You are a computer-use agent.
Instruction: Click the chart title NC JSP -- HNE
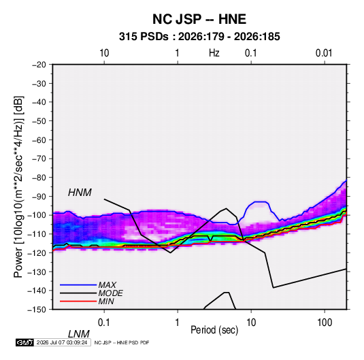click(199, 19)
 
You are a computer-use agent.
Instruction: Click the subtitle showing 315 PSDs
click(199, 37)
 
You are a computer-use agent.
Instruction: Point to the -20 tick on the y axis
click(39, 65)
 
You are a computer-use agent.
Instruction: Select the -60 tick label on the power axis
click(39, 140)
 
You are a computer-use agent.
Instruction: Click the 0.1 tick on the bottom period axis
click(104, 323)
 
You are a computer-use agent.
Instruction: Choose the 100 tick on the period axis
click(325, 323)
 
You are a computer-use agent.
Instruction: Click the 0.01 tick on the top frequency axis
click(324, 53)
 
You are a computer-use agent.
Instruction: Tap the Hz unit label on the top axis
click(214, 53)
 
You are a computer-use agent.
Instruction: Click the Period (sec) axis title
click(214, 330)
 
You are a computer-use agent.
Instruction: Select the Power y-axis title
click(18, 187)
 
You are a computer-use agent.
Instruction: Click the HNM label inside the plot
click(80, 193)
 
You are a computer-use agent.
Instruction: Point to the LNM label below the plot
click(78, 334)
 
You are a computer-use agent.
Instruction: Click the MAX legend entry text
click(107, 285)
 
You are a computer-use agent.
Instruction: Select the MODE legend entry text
click(110, 293)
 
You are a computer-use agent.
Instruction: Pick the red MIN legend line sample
click(78, 301)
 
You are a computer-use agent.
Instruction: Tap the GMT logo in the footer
click(24, 342)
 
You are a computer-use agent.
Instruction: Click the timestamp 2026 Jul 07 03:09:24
click(62, 342)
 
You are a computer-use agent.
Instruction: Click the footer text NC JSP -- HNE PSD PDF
click(122, 342)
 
